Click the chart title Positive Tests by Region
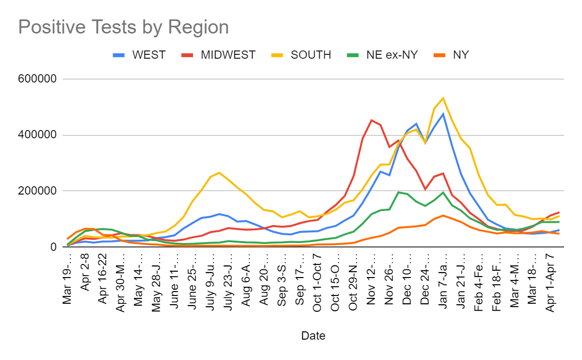[123, 27]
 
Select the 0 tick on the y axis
[53, 247]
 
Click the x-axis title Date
[313, 336]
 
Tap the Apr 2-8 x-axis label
[85, 271]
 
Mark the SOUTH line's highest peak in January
[443, 98]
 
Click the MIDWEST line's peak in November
[372, 120]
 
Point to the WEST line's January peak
[443, 114]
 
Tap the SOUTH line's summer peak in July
[219, 173]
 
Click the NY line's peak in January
[443, 215]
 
